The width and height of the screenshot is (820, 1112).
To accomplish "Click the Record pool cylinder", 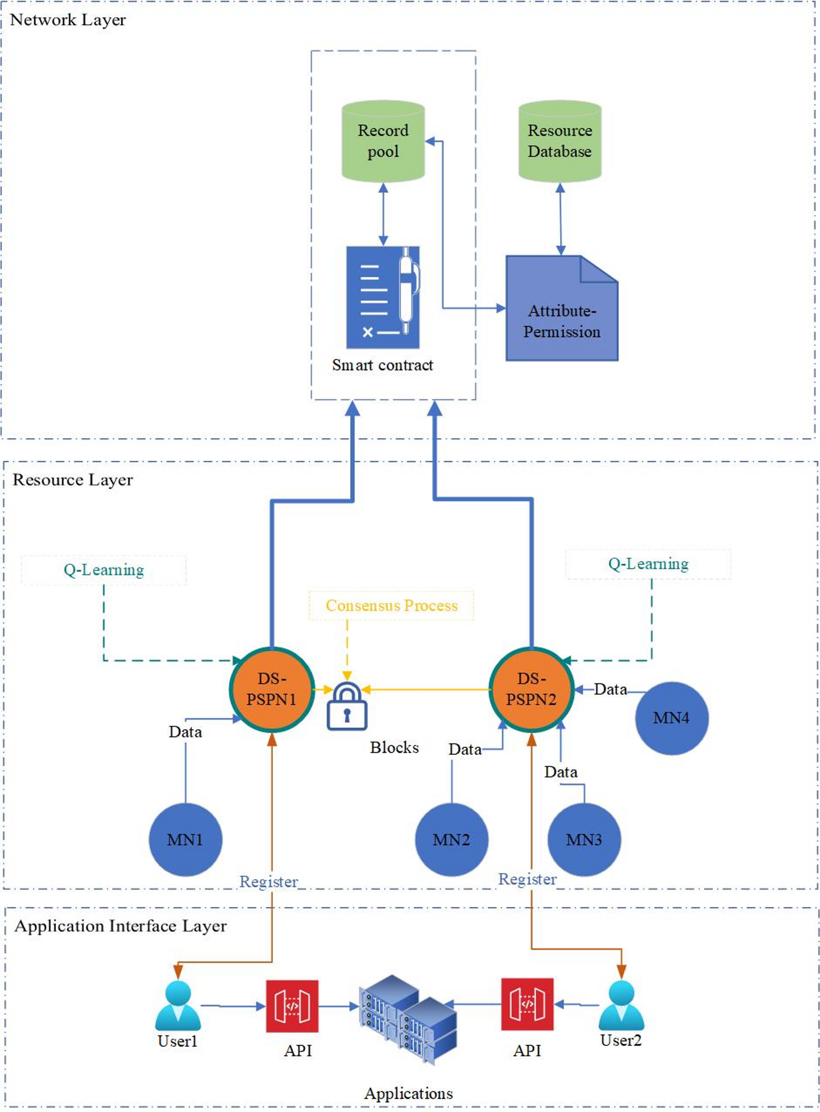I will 382,141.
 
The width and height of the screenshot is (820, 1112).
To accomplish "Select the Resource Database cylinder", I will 559,141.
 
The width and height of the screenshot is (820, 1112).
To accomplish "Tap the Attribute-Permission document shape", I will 561,309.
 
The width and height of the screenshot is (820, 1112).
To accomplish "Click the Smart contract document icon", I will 382,297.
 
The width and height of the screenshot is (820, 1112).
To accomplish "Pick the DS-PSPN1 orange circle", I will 271,689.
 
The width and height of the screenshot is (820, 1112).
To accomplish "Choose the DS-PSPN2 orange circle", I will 531,689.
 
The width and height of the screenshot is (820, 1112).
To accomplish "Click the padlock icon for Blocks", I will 347,707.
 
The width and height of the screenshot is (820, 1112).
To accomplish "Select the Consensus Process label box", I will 391,606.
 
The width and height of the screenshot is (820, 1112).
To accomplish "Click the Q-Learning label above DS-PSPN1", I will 104,570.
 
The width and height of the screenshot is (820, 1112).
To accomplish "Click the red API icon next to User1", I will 292,1006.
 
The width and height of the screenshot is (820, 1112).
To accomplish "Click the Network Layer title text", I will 68,20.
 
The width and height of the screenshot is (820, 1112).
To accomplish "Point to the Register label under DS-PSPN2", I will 527,879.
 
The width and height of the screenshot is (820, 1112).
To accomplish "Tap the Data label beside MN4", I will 610,689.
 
